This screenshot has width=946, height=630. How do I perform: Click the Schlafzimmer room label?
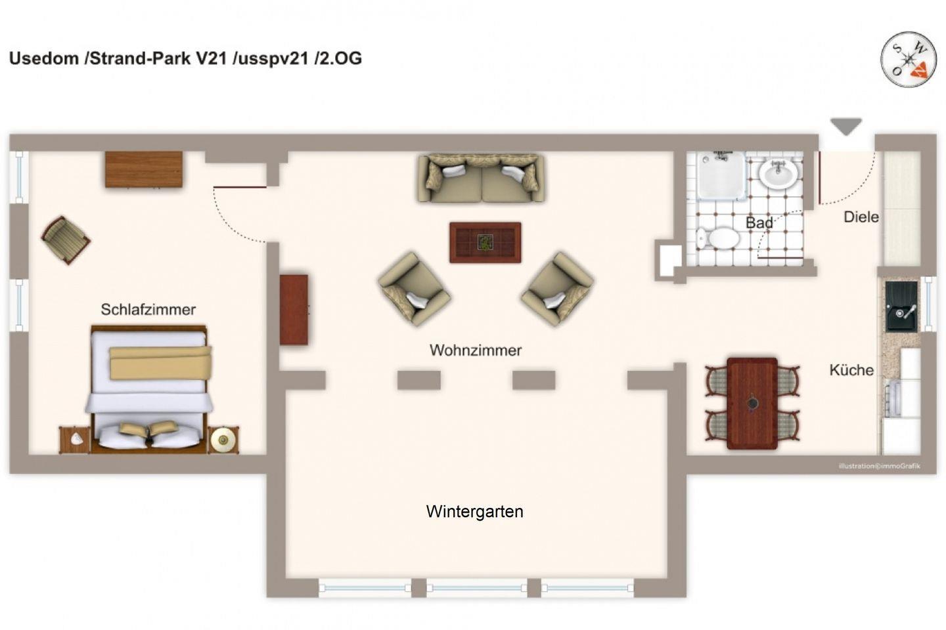click(x=148, y=310)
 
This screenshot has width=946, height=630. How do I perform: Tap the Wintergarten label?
click(x=475, y=511)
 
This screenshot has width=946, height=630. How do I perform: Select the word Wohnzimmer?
click(x=476, y=350)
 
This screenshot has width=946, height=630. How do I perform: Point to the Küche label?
click(x=851, y=369)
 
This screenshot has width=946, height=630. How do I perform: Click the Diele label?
click(x=861, y=217)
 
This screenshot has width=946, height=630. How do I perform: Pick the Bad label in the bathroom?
click(x=759, y=223)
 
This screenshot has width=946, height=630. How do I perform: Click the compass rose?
click(x=909, y=60)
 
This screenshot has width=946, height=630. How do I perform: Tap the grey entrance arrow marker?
click(x=846, y=127)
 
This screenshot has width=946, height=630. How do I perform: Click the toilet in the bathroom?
click(x=717, y=238)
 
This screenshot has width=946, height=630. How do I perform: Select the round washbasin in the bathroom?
click(x=778, y=174)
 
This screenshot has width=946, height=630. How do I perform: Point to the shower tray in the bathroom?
click(x=721, y=175)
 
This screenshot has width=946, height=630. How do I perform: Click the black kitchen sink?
click(x=901, y=306)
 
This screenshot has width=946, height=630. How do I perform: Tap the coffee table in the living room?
click(x=485, y=243)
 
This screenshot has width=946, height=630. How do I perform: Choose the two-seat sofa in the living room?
click(x=481, y=178)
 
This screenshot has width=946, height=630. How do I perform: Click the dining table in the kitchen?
click(x=752, y=404)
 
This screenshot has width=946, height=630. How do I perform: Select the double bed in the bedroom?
click(x=149, y=388)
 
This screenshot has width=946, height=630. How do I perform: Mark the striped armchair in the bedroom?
click(x=66, y=240)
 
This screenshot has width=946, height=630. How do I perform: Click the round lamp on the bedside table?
click(x=223, y=440)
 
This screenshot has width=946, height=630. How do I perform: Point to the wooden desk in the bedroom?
click(x=144, y=169)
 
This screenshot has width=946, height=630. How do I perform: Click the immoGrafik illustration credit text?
click(x=879, y=466)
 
